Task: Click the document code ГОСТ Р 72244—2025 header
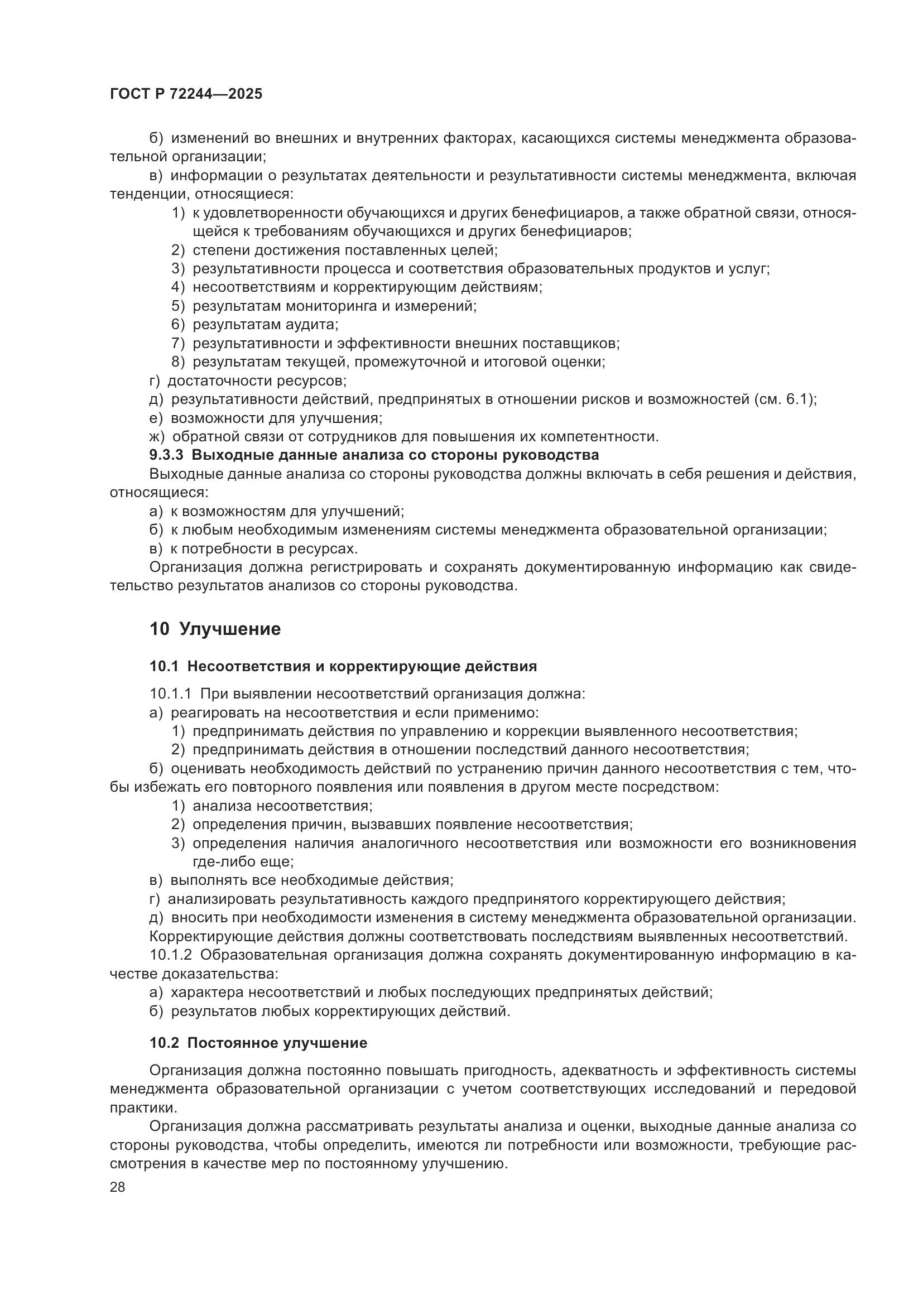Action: point(186,94)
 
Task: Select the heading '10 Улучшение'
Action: point(215,629)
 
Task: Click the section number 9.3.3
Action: point(166,455)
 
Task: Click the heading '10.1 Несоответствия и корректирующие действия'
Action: point(343,666)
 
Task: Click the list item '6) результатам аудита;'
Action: point(254,325)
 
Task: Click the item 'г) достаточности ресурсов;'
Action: point(248,381)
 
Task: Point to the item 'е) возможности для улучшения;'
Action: point(266,418)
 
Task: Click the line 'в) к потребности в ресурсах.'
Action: point(253,548)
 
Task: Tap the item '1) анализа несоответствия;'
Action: point(272,806)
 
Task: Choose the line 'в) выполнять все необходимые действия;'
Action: point(301,880)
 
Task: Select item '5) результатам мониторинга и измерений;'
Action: point(324,306)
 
